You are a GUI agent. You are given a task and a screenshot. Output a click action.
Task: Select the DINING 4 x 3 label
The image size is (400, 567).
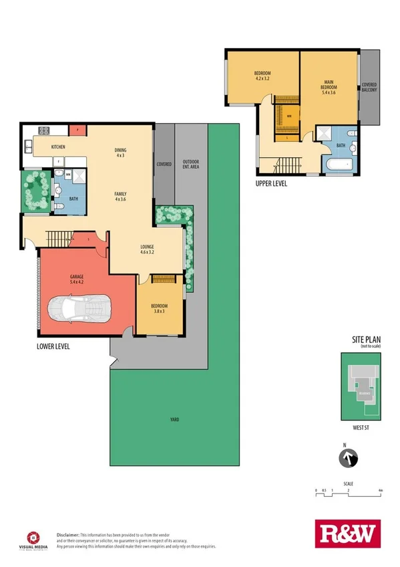click(x=120, y=152)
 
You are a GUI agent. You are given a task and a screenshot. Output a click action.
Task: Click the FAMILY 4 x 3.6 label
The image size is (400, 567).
click(x=120, y=195)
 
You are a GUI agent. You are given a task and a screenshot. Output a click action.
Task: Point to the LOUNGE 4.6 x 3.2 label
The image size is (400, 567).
click(x=147, y=249)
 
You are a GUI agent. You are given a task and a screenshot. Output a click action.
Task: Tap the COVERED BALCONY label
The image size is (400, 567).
click(x=369, y=88)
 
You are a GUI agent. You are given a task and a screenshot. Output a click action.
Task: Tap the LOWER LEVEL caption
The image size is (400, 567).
click(x=53, y=347)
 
